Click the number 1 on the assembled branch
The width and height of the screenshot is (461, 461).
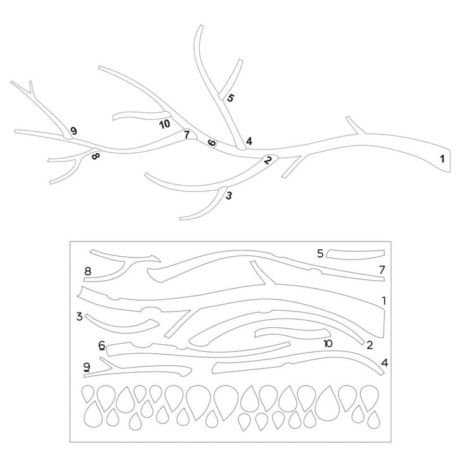tap(442, 159)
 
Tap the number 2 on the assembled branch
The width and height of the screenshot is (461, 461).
tap(268, 160)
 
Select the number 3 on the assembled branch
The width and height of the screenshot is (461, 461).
tap(229, 195)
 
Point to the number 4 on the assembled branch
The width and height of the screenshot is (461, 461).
tap(249, 141)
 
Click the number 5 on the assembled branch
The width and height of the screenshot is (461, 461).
tap(231, 98)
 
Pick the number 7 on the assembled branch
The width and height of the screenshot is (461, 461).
tap(186, 134)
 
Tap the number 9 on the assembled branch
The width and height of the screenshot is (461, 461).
tap(74, 131)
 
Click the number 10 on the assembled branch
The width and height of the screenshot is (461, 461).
tap(165, 124)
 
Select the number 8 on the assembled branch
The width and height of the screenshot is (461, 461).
tap(96, 155)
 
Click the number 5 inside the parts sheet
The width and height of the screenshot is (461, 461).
tap(320, 254)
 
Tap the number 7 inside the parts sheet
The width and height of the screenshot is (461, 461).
tap(382, 269)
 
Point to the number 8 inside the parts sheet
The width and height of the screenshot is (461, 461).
tap(88, 271)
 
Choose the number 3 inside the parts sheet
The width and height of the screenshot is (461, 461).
tap(79, 316)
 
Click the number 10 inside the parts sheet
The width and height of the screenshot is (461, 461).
tap(328, 344)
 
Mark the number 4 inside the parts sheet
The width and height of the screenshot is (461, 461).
tap(384, 363)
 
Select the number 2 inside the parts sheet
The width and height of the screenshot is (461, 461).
tap(370, 345)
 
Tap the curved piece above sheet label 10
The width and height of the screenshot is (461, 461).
tap(292, 334)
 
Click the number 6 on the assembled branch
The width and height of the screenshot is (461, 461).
tap(212, 143)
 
